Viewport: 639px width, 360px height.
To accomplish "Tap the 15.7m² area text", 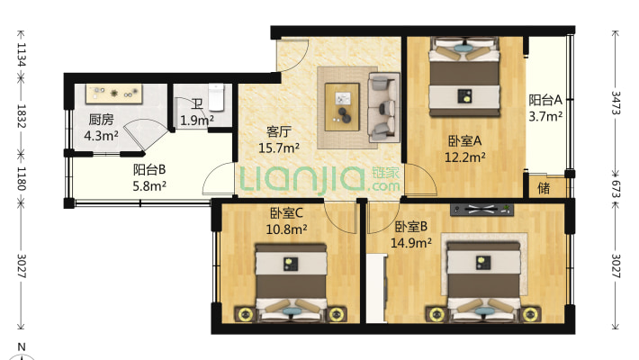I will [279, 148].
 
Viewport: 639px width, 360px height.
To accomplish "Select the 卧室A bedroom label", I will [466, 140].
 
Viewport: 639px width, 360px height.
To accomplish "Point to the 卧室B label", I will [410, 227].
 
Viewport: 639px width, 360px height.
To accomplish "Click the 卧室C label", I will [286, 213].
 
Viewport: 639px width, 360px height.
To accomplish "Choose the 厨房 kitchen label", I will [101, 120].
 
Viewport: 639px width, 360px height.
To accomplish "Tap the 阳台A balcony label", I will [545, 100].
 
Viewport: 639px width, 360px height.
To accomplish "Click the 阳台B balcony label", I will [149, 169].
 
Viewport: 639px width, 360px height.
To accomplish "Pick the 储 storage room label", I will [544, 188].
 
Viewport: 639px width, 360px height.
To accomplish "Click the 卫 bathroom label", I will [196, 103].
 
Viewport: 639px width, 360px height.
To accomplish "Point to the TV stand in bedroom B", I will [482, 210].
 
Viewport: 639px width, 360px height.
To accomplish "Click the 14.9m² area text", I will [413, 243].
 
